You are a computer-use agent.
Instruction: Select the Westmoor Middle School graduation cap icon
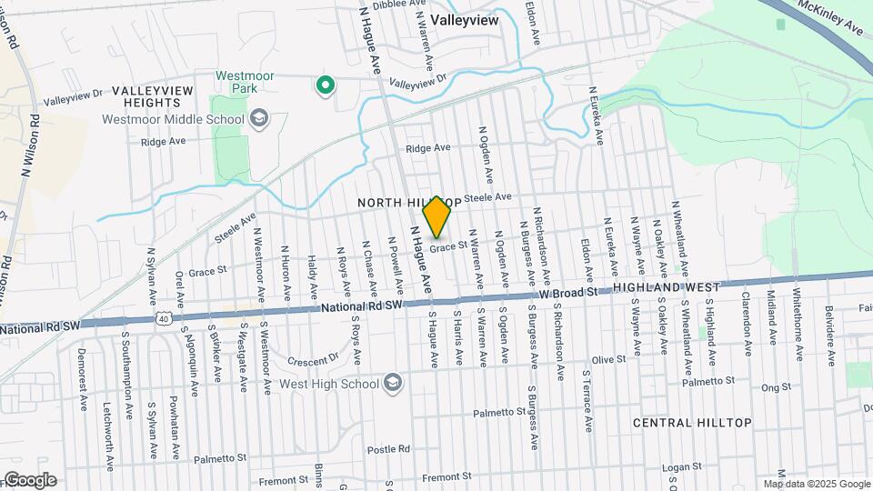coord(259,119)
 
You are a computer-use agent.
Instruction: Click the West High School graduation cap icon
coord(393,383)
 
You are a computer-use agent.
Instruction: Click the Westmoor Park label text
coord(236,82)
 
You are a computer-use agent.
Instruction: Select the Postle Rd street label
coord(389,449)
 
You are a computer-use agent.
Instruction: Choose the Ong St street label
coord(777,387)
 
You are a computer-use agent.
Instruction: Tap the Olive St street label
coord(608,360)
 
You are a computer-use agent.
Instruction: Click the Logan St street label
coord(678,467)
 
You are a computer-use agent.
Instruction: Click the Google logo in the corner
coord(30,479)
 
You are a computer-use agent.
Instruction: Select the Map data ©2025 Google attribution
coord(817,484)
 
